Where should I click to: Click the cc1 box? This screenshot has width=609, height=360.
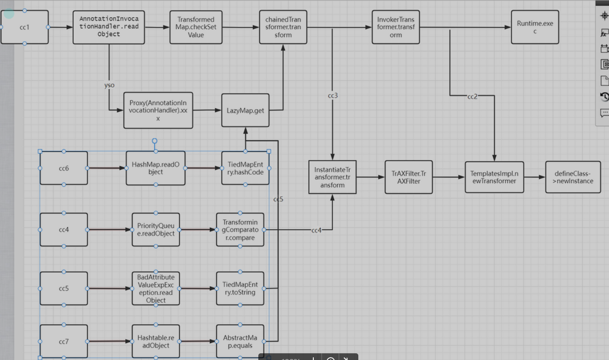click(24, 27)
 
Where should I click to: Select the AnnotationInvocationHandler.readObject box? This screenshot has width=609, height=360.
click(109, 27)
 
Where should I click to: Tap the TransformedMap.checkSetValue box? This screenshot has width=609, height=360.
click(196, 27)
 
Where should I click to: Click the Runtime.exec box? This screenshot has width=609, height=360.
click(535, 27)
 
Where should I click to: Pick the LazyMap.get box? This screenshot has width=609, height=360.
click(245, 111)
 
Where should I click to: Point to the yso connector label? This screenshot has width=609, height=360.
click(109, 85)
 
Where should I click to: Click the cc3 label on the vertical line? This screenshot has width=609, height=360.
click(332, 96)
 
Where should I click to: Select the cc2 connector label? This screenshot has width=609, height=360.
click(472, 97)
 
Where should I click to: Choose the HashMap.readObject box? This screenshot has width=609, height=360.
click(155, 169)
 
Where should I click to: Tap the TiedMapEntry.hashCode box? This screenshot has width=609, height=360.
click(245, 169)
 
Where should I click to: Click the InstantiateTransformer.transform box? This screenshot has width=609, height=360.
click(332, 177)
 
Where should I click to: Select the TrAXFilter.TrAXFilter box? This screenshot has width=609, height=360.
click(409, 177)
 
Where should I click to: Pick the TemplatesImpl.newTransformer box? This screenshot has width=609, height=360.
click(494, 177)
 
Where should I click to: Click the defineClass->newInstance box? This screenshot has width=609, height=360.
click(573, 177)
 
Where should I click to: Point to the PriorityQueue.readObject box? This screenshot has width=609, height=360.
click(155, 230)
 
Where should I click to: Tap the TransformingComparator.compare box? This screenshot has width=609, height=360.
click(240, 230)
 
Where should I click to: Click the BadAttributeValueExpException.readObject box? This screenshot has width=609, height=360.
click(155, 289)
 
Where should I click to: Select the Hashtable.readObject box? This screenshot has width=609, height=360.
click(155, 341)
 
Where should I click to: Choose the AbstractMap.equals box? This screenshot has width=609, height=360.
click(240, 341)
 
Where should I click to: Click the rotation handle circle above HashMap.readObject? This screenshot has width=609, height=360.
click(155, 141)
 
